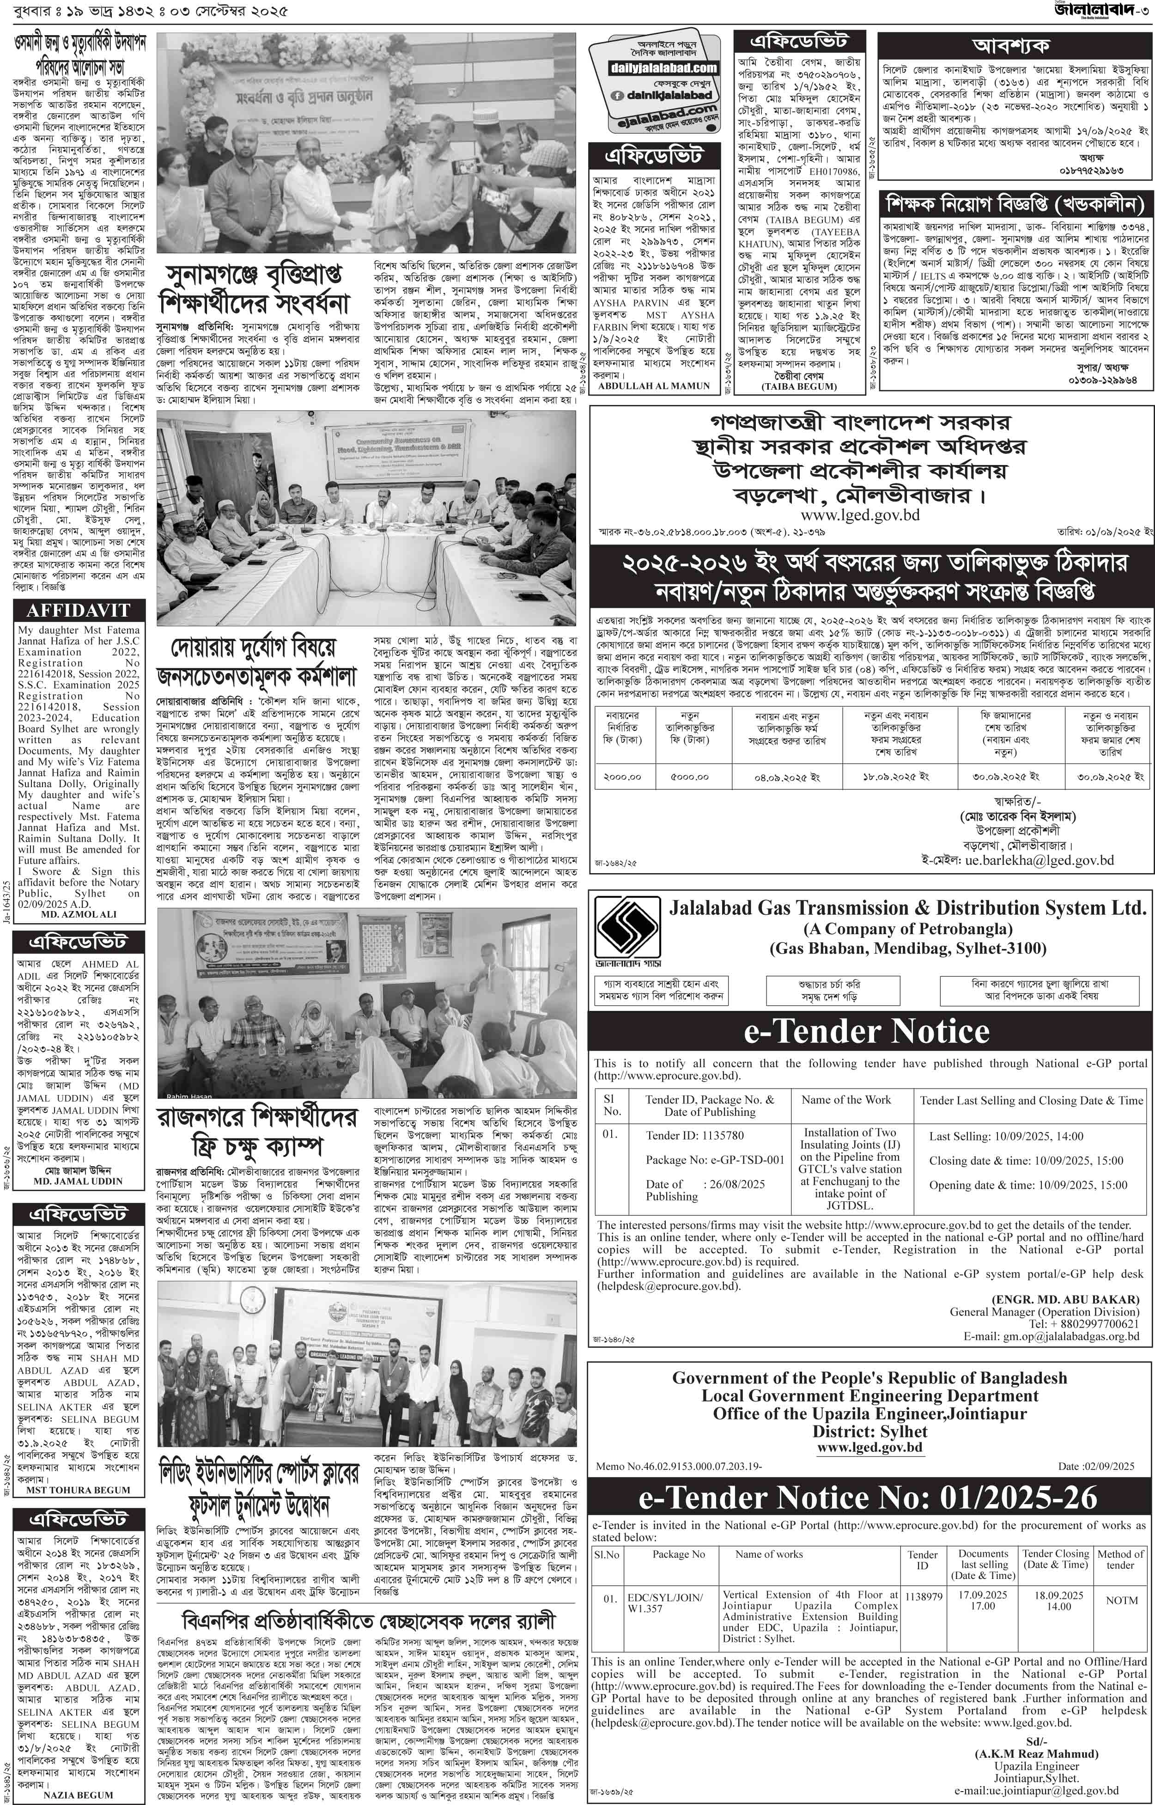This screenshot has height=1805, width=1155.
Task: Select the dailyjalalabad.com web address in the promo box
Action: click(x=652, y=68)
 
